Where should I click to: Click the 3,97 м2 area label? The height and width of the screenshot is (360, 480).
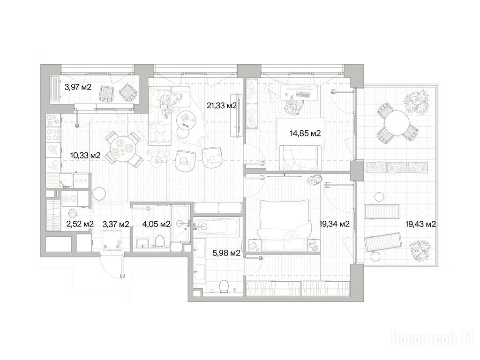(x=78, y=87)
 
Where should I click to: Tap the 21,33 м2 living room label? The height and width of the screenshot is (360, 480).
(x=222, y=106)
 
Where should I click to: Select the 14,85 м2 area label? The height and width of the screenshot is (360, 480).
(x=305, y=133)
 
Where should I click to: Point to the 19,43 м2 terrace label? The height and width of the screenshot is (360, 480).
(x=420, y=224)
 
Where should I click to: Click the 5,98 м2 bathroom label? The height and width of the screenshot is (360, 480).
(x=226, y=253)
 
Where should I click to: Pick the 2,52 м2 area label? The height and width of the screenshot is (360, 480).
(x=80, y=224)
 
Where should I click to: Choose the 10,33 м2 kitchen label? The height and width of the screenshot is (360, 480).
(x=85, y=155)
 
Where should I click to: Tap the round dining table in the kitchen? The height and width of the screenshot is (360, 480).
(x=123, y=149)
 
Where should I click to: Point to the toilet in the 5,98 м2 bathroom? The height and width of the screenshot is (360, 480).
(x=225, y=286)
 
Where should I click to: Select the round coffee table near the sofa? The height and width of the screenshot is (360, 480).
(x=187, y=119)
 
